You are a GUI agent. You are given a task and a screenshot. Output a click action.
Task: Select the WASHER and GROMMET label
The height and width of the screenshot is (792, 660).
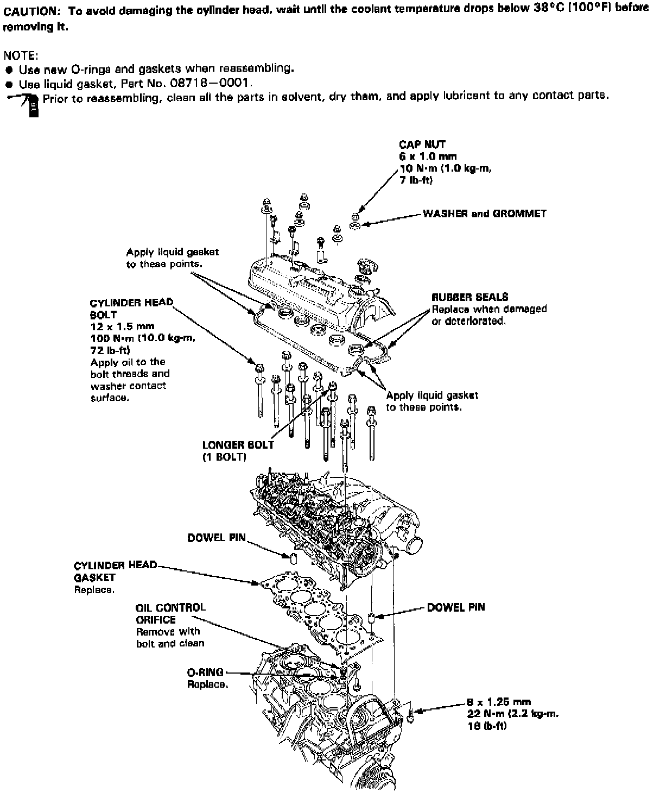(x=484, y=213)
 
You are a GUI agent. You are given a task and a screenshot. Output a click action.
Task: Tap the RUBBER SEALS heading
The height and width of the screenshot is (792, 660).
(x=469, y=297)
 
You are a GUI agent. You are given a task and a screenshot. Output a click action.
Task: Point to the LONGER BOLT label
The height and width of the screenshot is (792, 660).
(x=238, y=445)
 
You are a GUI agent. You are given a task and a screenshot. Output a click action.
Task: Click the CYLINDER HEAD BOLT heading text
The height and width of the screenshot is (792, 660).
(x=131, y=309)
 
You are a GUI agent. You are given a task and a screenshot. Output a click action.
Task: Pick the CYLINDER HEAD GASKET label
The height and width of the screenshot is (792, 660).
(x=115, y=571)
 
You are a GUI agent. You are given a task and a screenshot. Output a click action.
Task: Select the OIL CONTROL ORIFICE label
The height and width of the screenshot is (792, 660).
(x=170, y=613)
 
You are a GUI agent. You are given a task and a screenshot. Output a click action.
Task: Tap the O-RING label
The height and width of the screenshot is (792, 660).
(x=205, y=672)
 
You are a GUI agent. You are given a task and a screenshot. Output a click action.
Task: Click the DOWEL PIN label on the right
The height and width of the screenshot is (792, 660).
(x=455, y=607)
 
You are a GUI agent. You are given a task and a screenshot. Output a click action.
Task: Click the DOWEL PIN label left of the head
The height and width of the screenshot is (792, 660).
(x=216, y=538)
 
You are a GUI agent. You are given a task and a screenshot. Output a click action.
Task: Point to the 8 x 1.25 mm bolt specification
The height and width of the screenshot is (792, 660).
(x=498, y=702)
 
